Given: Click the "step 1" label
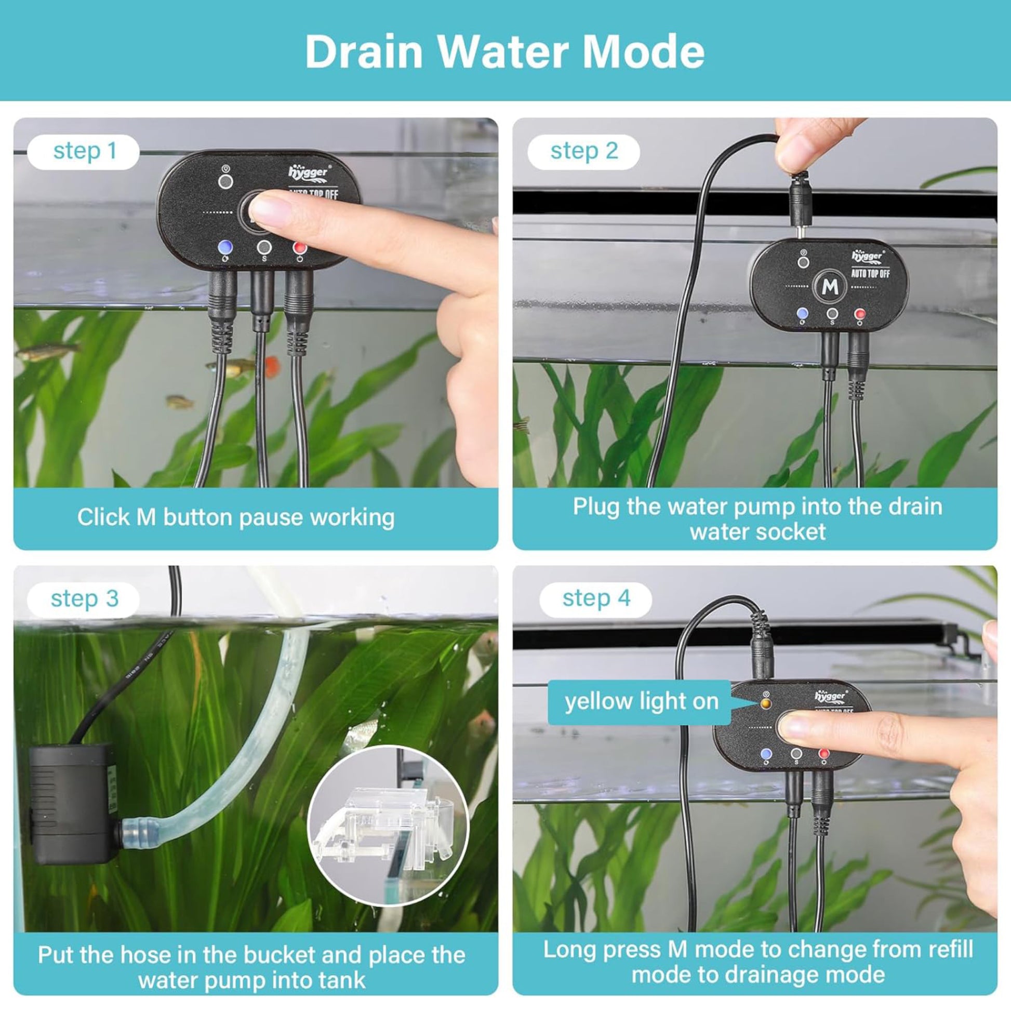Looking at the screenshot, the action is click(x=84, y=152).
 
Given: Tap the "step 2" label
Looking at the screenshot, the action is click(x=583, y=152).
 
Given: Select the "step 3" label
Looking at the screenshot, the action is click(x=84, y=599).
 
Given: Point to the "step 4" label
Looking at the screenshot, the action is click(x=595, y=599).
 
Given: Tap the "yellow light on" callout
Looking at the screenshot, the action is click(x=640, y=702).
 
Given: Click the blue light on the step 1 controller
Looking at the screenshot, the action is click(x=225, y=247).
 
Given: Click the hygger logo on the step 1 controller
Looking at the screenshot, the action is click(x=309, y=171).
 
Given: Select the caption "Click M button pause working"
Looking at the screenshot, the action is click(x=235, y=517).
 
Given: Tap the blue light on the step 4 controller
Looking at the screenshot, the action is click(x=767, y=754).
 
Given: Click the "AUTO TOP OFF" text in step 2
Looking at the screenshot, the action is click(x=870, y=273).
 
